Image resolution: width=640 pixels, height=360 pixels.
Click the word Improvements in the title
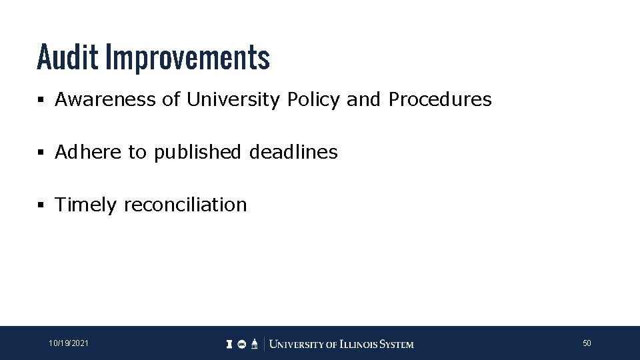[188, 59]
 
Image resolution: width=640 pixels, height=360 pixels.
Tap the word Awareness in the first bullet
[105, 100]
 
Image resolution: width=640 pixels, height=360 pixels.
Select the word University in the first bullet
[233, 100]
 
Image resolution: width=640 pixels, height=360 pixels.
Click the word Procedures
[440, 100]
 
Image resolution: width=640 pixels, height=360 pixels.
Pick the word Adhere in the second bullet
[88, 152]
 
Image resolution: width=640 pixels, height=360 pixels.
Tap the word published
[198, 153]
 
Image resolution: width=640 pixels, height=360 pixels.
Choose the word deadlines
[293, 152]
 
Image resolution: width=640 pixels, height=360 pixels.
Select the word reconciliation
[185, 204]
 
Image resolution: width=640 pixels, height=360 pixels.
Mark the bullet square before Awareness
[41, 101]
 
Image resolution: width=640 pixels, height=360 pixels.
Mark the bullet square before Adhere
[41, 153]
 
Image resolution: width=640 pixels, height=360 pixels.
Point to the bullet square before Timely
[41, 205]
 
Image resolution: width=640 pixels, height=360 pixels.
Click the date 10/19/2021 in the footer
[67, 343]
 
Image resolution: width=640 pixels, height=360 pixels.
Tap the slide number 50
[587, 343]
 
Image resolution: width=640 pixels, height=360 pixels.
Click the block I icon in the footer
[229, 344]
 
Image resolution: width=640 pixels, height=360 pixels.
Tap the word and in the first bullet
[363, 100]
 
